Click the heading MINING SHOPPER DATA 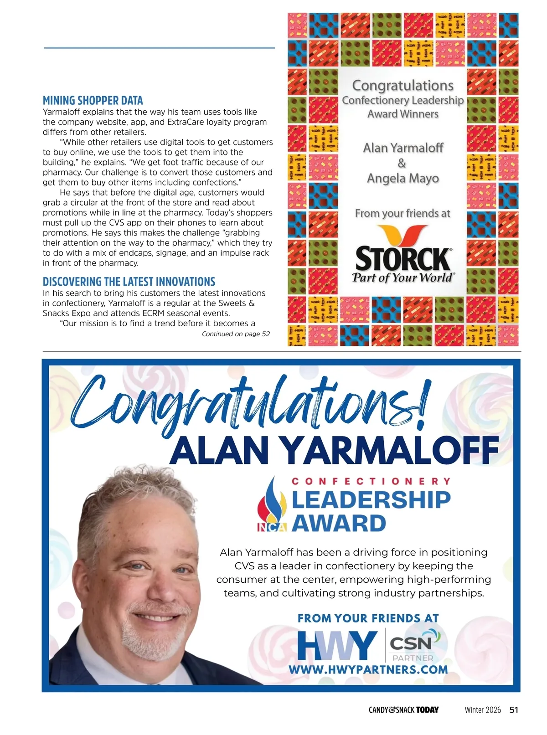coord(93,101)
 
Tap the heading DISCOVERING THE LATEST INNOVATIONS coord(129,282)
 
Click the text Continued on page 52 coord(236,334)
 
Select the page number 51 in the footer coord(514,709)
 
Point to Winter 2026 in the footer coord(483,710)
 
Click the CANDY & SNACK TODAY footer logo coord(403,710)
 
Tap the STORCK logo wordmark coord(403,259)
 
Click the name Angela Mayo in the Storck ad coord(403,178)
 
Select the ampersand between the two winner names coord(402,163)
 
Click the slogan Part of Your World coord(403,278)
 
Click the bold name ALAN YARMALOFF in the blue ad coord(335,450)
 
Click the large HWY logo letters coord(337,645)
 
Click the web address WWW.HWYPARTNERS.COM coord(368,670)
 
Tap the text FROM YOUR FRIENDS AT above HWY coord(368,618)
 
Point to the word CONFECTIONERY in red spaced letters coord(371,481)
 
